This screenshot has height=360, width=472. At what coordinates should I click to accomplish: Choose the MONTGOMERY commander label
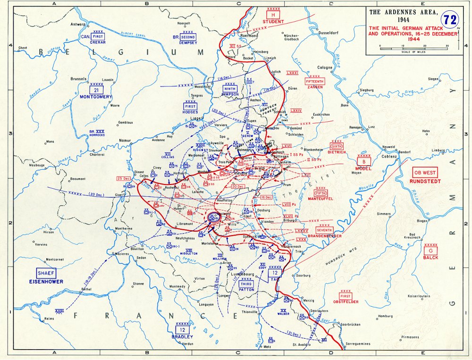(x=96, y=97)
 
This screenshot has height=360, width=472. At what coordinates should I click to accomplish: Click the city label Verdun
(x=187, y=343)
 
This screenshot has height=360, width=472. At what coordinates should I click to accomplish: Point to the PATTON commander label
(x=246, y=290)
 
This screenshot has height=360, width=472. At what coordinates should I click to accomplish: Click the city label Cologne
(x=325, y=67)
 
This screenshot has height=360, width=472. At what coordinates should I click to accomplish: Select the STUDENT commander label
(x=273, y=21)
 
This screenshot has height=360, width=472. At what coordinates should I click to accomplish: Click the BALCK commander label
(x=430, y=258)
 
